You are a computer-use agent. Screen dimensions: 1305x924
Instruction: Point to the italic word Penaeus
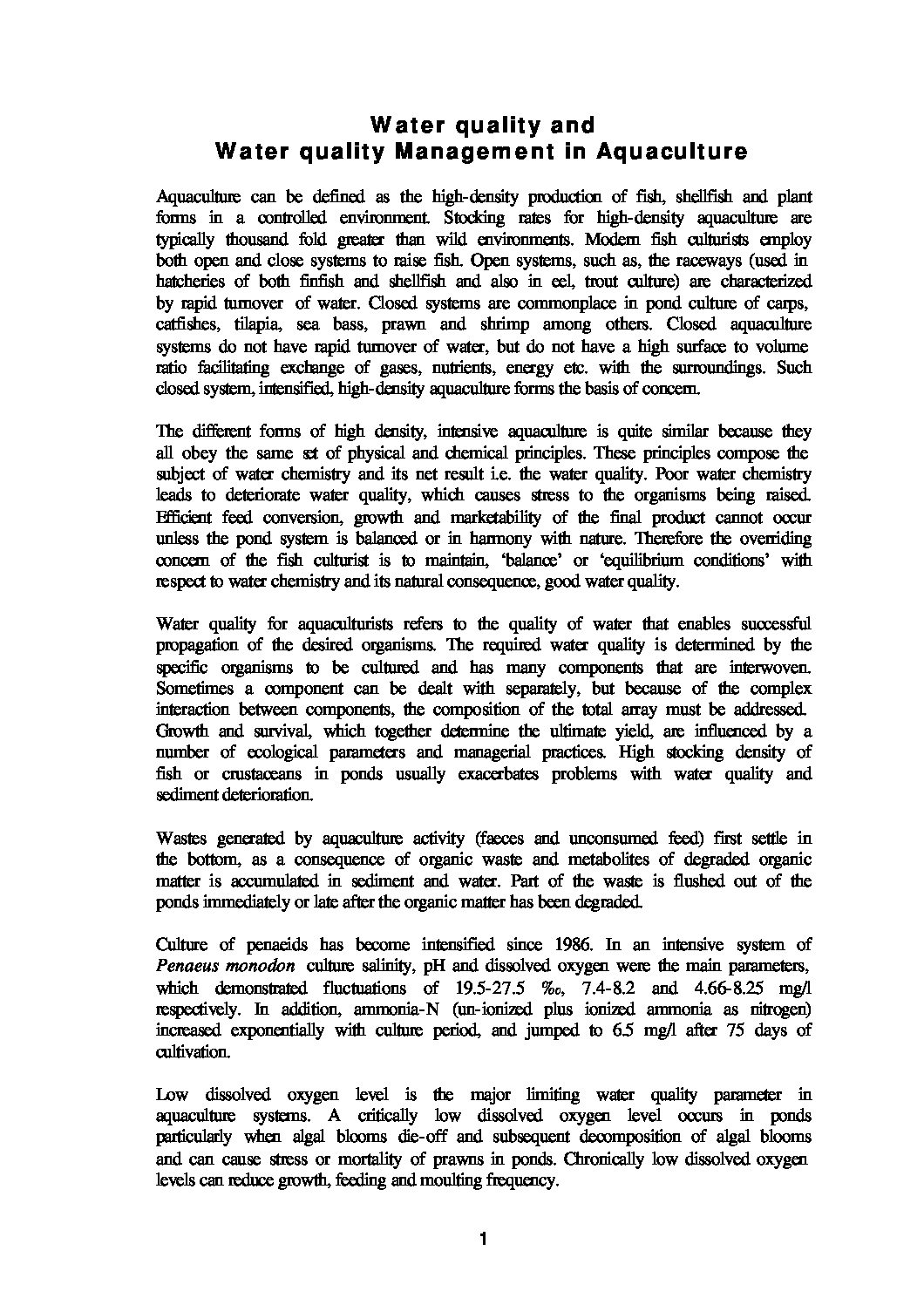[x=186, y=967]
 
